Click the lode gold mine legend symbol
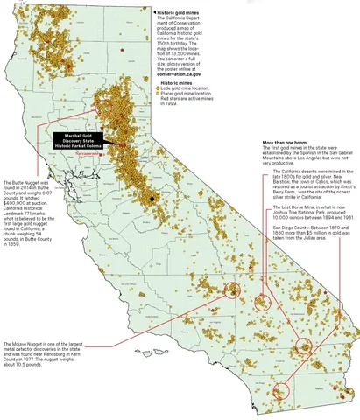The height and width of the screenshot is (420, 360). click(159, 89)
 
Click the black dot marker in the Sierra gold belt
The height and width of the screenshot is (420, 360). click(152, 199)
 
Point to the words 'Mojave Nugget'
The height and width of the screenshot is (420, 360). click(22, 344)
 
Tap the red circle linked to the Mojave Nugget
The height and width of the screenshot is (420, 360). click(232, 292)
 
